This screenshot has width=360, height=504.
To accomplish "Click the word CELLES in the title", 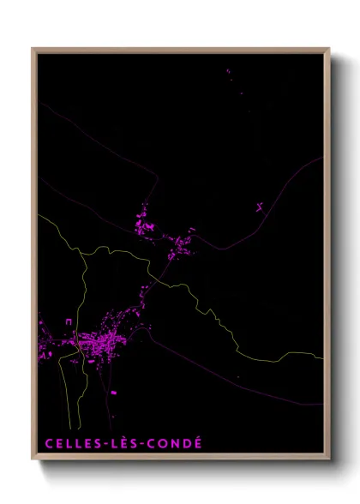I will pyautogui.click(x=70, y=443).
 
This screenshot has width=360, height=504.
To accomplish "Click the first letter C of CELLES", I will pyautogui.click(x=48, y=443).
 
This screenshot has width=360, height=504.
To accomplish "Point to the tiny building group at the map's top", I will pyautogui.click(x=230, y=74).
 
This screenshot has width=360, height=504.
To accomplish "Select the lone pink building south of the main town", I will pyautogui.click(x=113, y=392).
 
